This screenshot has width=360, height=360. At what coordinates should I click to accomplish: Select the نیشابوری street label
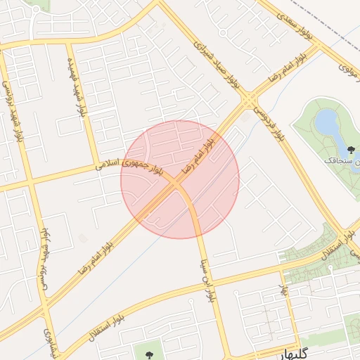(49, 341)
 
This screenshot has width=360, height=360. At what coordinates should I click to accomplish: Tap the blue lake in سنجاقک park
(326, 124)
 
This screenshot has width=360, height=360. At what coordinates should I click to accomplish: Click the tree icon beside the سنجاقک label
(352, 148)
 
